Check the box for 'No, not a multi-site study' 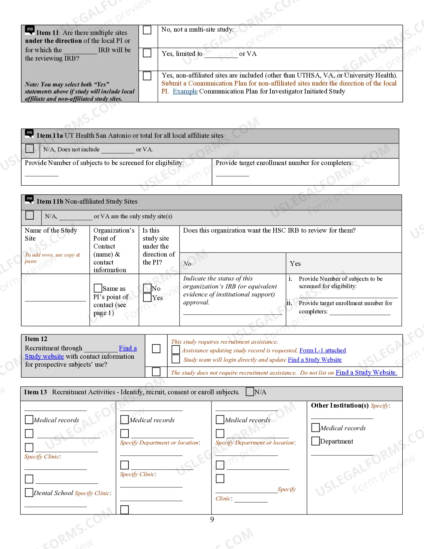coord(147,30)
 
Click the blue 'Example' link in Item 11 coord(185,91)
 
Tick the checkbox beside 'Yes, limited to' coord(147,53)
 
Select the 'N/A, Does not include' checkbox coord(30,148)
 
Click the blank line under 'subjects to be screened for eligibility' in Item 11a coord(42,174)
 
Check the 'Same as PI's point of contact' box coord(98,288)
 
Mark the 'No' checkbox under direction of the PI coord(147,288)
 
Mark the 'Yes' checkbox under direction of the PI coord(147,297)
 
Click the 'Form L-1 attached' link coord(323,350)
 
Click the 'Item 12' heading coord(36,339)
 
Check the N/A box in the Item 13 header coord(250,392)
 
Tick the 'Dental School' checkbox coord(29,492)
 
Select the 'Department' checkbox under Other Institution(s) coord(315,441)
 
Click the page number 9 coord(212,520)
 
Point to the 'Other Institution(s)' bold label coord(340,406)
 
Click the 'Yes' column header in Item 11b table coord(295,264)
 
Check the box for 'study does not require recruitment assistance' coord(156,372)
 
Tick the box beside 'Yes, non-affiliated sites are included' coord(147,76)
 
